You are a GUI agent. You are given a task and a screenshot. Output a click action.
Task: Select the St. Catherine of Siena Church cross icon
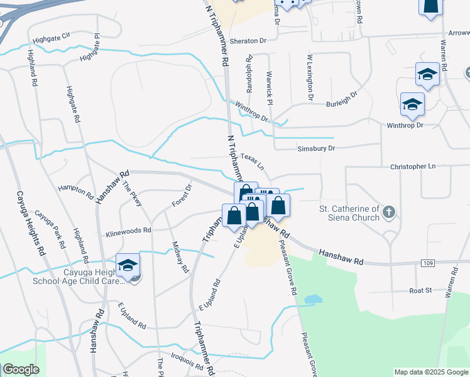[x=389, y=212]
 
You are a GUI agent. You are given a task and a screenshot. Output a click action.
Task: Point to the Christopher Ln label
[x=413, y=167]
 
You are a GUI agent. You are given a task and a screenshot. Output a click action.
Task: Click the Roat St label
[x=421, y=290]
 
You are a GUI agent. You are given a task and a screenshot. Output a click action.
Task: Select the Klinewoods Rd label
[x=128, y=231]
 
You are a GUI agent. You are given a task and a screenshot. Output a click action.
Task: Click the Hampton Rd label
[x=75, y=188]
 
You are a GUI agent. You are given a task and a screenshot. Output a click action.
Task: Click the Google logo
[x=21, y=369]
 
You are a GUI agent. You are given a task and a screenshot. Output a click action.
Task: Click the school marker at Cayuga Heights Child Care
[x=128, y=265]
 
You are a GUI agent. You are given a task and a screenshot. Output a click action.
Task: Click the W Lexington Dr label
[x=310, y=78]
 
